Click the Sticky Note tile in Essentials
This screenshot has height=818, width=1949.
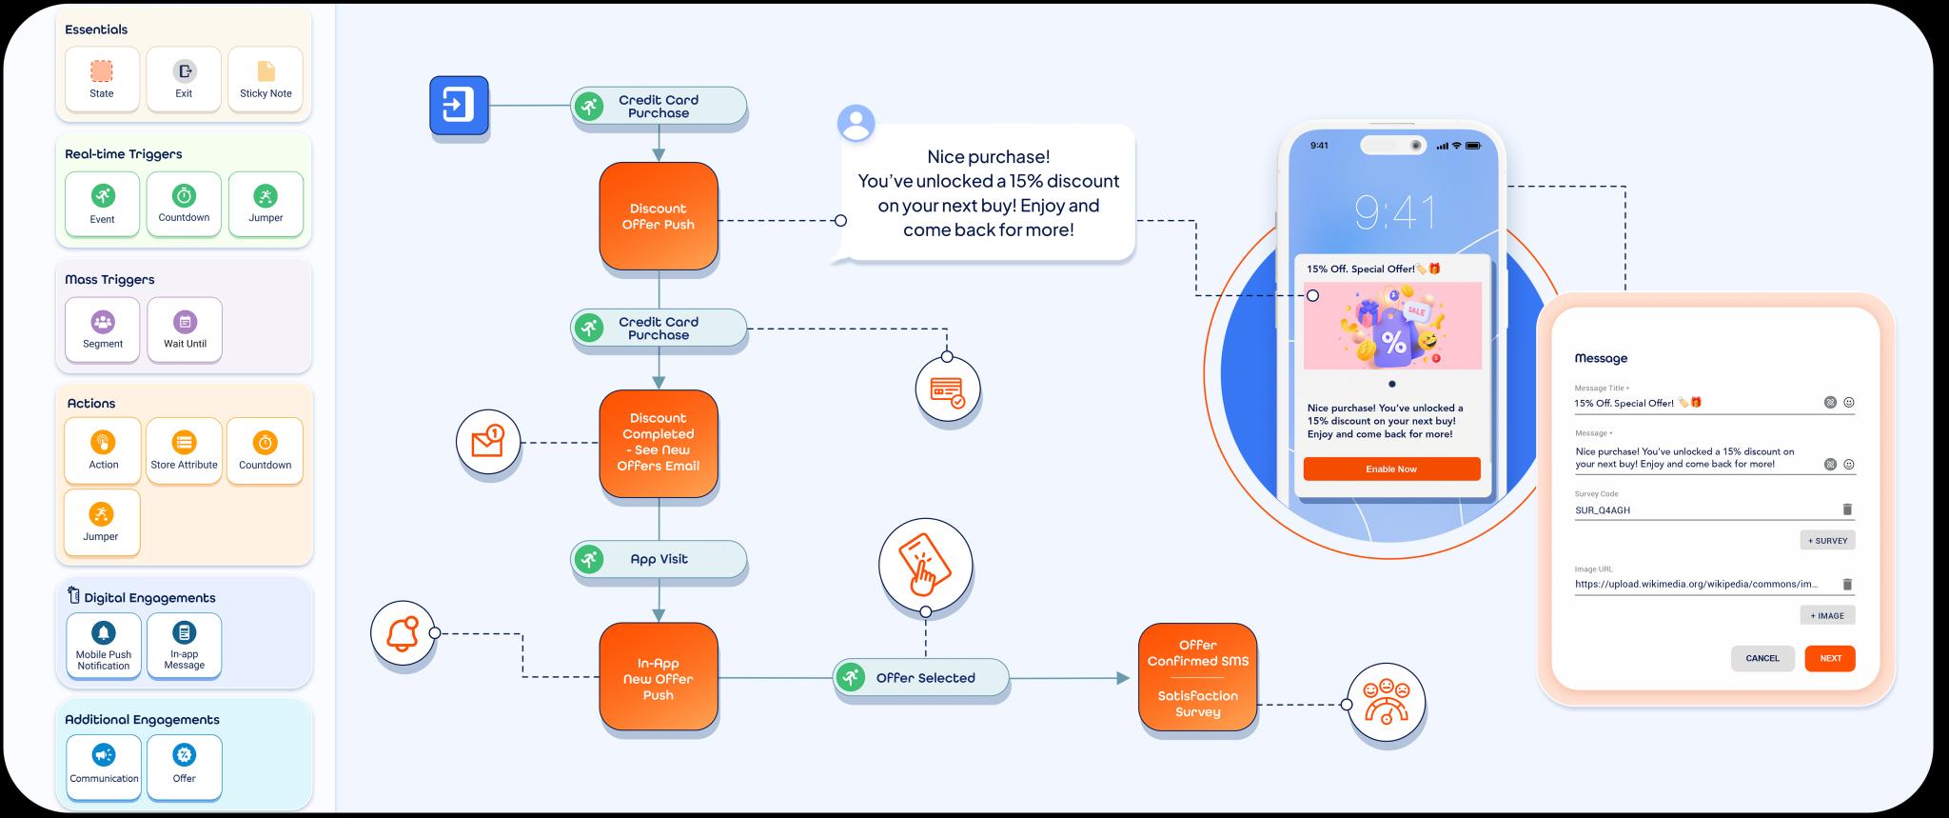click(266, 79)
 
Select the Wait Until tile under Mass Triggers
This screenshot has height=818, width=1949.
click(185, 329)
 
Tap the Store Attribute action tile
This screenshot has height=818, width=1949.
click(184, 450)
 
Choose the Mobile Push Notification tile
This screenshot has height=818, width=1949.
click(104, 646)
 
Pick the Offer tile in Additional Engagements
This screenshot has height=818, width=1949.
click(185, 767)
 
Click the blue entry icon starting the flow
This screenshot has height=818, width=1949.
click(459, 105)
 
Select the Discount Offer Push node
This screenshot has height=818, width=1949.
click(659, 216)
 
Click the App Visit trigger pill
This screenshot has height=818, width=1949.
click(659, 559)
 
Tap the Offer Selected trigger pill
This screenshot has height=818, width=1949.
click(921, 678)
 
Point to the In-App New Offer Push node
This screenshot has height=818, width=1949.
click(659, 678)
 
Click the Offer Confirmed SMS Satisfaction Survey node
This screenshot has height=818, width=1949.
click(1198, 677)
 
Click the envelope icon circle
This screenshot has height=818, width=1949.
click(488, 442)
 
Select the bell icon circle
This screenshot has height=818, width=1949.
click(403, 632)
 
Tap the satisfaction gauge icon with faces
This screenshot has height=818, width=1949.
click(1387, 705)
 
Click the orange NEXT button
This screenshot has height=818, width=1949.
click(1830, 658)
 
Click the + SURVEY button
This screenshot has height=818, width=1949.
click(1828, 540)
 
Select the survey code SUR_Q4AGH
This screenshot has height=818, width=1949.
click(1603, 510)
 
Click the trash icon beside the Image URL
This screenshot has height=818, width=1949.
click(1847, 584)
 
